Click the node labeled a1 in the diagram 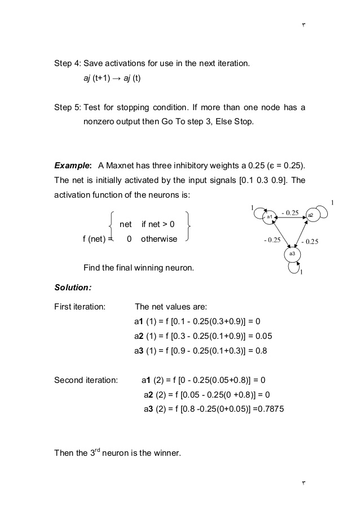click(270, 217)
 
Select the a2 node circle click(311, 215)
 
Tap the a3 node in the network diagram click(292, 254)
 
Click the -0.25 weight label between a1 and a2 click(290, 212)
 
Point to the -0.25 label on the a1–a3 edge click(272, 240)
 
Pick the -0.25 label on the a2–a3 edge click(310, 242)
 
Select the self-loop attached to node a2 click(321, 211)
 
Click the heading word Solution click(72, 287)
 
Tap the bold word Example click(72, 166)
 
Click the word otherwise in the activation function click(159, 239)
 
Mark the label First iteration click(80, 307)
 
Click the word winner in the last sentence click(166, 452)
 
